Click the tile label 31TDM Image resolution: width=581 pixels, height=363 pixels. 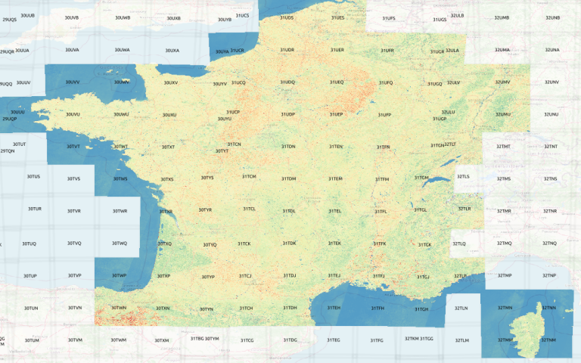coord(288,178)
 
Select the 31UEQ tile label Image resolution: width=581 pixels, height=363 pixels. coord(337,82)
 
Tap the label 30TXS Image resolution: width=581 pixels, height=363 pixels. coord(167,179)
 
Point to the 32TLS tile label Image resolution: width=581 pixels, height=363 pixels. coord(463,176)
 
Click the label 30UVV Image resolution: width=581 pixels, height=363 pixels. coord(73,82)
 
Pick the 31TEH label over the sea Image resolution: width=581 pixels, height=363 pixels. coord(334,309)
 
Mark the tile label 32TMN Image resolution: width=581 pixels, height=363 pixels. coord(504,309)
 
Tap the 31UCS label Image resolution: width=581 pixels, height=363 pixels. coord(242,15)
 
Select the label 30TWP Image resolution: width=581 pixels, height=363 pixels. coord(120,276)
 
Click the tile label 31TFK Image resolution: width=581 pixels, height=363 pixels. coord(379,244)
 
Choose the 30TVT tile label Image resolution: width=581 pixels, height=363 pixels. coord(73,147)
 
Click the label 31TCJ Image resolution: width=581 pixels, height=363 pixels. coord(244,276)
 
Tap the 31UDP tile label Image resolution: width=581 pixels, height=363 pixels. coord(288,114)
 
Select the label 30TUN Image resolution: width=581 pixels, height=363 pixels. coord(30,309)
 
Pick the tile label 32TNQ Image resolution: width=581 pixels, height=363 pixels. coord(550,243)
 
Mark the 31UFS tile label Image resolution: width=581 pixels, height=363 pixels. coord(389,17)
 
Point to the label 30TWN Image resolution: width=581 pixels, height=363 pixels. coord(120,309)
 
